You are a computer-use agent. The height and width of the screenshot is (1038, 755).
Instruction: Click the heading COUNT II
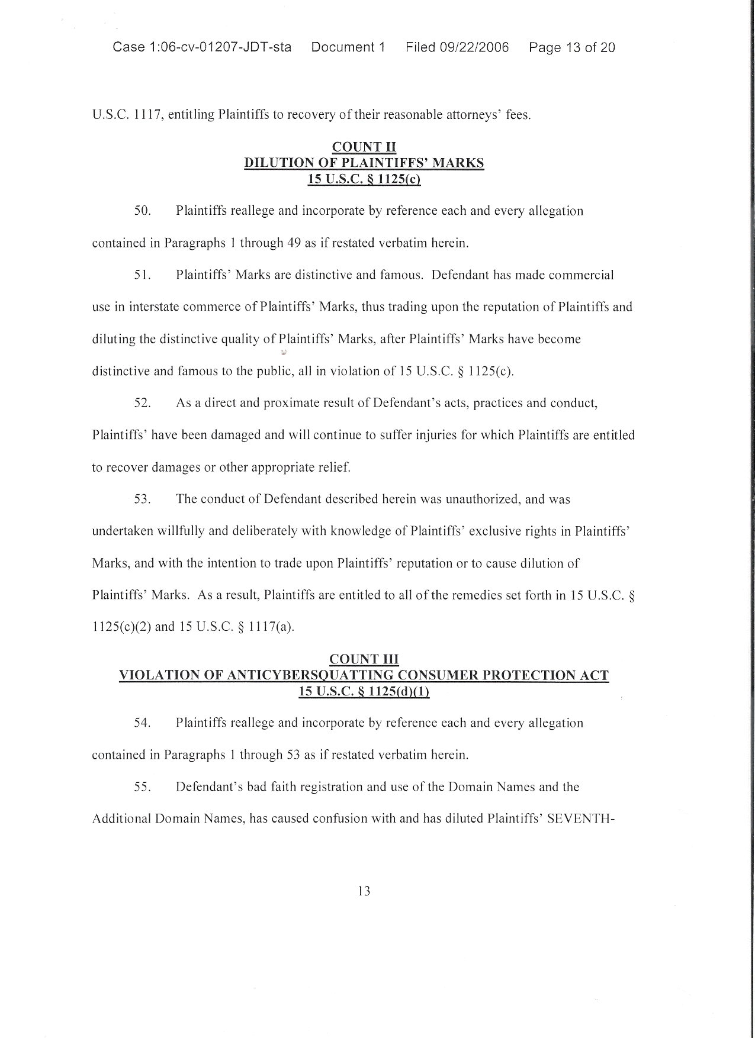tap(364, 147)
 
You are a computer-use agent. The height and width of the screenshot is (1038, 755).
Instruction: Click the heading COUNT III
tap(364, 659)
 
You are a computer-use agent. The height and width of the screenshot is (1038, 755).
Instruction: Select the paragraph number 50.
tap(143, 211)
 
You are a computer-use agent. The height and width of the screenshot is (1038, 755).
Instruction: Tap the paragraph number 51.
tap(143, 275)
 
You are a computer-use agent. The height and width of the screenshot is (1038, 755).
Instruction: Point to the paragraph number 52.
tap(143, 404)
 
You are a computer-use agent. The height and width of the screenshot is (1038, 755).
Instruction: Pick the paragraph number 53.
tap(143, 499)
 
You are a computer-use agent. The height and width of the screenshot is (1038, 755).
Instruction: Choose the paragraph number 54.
tap(143, 723)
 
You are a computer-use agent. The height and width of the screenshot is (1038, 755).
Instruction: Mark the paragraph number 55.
tap(143, 787)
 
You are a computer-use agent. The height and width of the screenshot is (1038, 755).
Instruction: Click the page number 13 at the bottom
tap(364, 891)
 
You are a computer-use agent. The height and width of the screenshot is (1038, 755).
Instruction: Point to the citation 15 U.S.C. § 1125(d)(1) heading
tap(364, 691)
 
